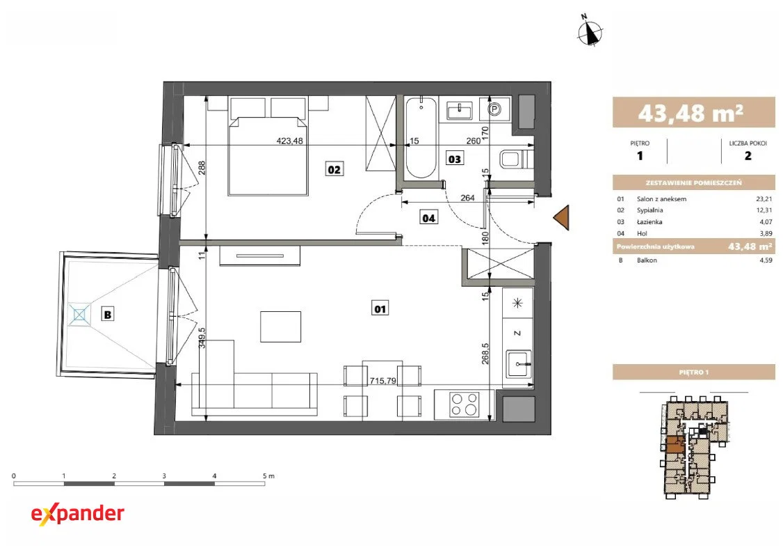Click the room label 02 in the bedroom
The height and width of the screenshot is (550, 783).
[x=334, y=169]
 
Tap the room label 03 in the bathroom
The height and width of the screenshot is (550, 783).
[x=454, y=159]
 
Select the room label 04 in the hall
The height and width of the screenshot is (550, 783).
[x=428, y=218]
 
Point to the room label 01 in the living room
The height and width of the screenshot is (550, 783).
[x=380, y=309]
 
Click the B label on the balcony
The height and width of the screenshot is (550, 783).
[x=107, y=315]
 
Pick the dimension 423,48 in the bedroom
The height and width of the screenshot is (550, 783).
[x=290, y=141]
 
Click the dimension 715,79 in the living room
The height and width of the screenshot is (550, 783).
[x=382, y=381]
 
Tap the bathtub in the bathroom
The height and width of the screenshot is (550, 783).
[x=421, y=138]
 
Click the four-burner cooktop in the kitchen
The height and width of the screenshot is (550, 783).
[x=465, y=404]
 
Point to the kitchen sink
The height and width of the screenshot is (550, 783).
[x=519, y=365]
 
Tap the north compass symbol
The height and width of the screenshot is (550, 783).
[x=590, y=32]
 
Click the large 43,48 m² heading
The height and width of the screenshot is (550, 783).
[x=691, y=113]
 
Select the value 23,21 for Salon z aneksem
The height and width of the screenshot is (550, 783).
[x=764, y=199]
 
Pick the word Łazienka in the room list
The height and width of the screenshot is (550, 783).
[x=649, y=222]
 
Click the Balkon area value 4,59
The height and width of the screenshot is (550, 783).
[x=766, y=260]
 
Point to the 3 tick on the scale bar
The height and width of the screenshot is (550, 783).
[x=164, y=476]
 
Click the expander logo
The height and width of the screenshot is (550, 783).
[x=77, y=514]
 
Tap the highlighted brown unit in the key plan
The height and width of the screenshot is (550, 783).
[x=675, y=444]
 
